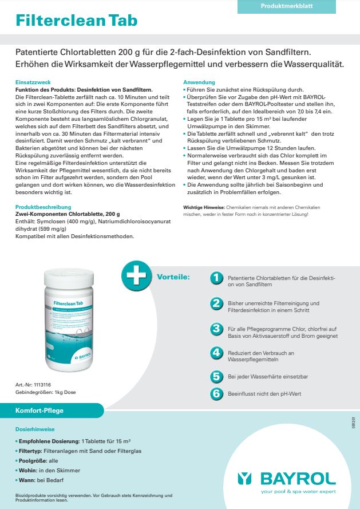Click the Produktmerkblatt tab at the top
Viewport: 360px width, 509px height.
coord(295,6)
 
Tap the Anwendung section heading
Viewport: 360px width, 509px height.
coord(199,82)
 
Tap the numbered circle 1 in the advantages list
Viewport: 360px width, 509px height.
coord(216,277)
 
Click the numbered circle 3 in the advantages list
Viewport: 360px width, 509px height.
coord(216,329)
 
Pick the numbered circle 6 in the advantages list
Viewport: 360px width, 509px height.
coord(216,393)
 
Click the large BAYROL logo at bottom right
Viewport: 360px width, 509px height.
coord(287,478)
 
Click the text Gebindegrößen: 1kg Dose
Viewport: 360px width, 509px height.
coord(45,392)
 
